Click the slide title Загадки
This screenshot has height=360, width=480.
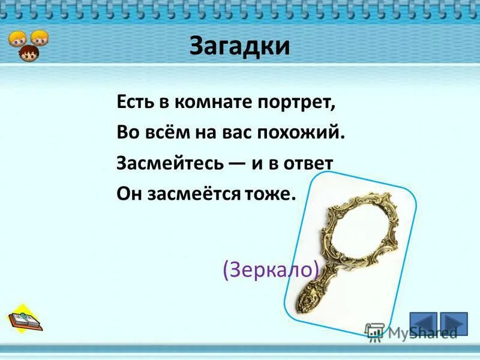[239, 46]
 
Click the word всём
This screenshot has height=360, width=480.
[167, 133]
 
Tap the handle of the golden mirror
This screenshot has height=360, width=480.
[312, 294]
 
